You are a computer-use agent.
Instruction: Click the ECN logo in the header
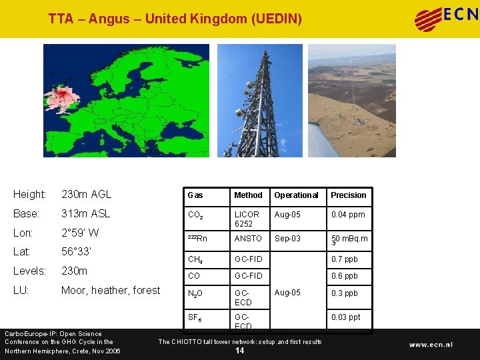tap(446, 19)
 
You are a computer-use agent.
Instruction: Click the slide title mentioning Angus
tap(175, 19)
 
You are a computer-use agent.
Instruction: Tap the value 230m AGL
tap(86, 195)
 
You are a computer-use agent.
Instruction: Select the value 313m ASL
tap(85, 214)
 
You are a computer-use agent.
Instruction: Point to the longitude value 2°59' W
tap(80, 233)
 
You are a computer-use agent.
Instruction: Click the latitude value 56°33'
tap(76, 253)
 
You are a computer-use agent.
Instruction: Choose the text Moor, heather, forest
tap(111, 291)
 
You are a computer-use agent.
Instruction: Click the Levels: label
tap(29, 272)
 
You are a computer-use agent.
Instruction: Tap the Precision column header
tap(349, 195)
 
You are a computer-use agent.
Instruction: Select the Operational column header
tap(296, 195)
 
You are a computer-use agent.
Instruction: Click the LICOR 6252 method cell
tap(247, 219)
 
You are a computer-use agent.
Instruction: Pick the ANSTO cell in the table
tap(248, 239)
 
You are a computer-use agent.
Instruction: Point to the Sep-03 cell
tap(287, 239)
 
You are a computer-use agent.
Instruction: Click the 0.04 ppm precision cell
tap(348, 215)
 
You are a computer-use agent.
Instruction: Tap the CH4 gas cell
tap(195, 259)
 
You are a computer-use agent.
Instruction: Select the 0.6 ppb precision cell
tap(345, 276)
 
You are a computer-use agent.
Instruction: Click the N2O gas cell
tap(196, 293)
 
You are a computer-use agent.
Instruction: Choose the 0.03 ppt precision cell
tap(346, 317)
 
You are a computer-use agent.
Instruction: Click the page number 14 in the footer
tap(240, 351)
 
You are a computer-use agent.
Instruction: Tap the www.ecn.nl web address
tap(431, 345)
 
